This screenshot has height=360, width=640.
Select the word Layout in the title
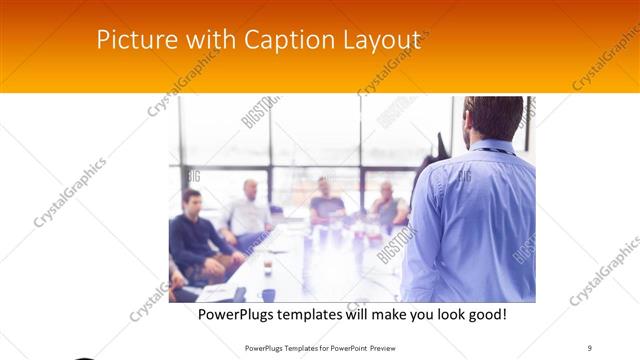click(384, 41)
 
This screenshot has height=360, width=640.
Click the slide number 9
click(589, 347)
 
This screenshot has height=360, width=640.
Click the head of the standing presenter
click(494, 118)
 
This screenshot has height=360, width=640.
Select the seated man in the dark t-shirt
click(325, 203)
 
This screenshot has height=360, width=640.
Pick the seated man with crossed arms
click(388, 208)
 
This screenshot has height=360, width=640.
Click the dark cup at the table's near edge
click(268, 294)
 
